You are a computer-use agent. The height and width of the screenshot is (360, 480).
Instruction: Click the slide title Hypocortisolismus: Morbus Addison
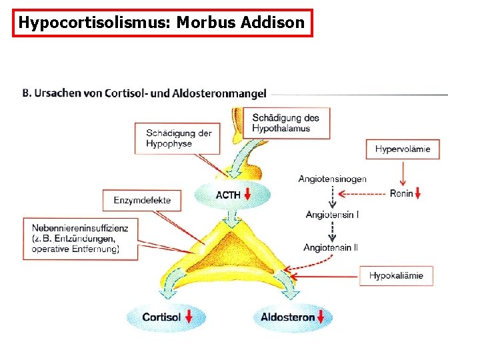point(162,23)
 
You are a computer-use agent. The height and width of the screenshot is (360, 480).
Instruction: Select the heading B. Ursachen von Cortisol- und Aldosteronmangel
point(145,94)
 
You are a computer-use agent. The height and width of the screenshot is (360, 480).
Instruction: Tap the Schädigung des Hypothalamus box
point(286,123)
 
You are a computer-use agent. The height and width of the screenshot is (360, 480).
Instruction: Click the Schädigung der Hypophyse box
point(179,138)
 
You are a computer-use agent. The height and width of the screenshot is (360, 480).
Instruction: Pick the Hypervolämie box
point(402,149)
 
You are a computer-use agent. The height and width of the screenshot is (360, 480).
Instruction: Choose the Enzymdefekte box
point(142,199)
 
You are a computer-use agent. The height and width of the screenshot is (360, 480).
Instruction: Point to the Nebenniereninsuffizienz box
point(80,239)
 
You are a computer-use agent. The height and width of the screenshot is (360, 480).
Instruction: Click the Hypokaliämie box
point(396,275)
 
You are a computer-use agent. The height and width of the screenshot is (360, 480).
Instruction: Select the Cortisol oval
point(161,317)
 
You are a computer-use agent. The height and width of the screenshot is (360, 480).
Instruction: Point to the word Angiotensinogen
point(333,179)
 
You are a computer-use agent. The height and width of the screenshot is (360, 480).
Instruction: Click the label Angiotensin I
point(332,214)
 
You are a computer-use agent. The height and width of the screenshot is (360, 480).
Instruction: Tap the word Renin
point(401,194)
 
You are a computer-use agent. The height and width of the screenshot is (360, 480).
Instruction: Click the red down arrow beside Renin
point(418,194)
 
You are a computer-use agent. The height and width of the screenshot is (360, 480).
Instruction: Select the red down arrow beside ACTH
point(248,195)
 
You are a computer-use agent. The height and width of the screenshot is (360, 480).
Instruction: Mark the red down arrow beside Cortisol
point(189,317)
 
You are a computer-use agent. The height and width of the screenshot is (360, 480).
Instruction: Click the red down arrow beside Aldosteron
point(323,317)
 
